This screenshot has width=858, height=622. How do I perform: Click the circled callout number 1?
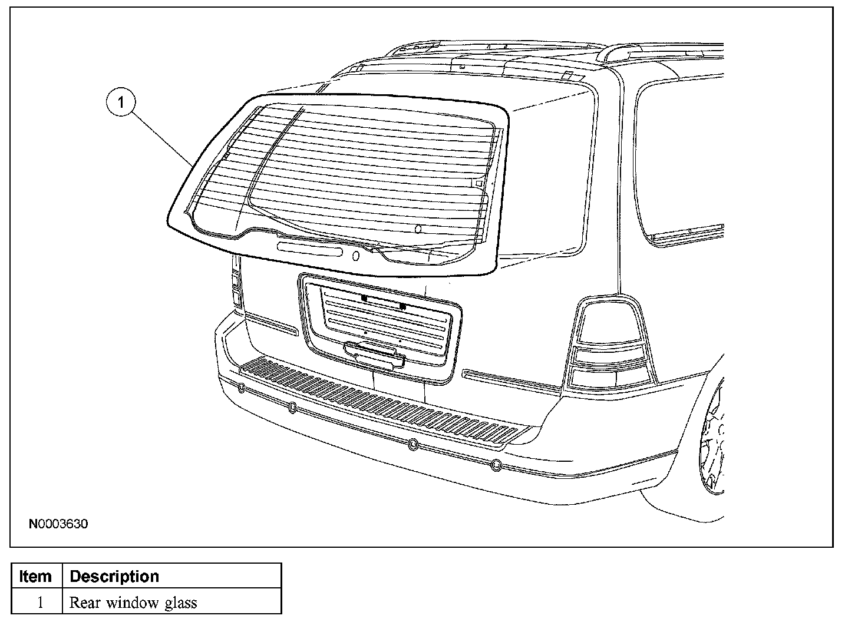tap(121, 102)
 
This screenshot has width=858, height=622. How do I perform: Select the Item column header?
tap(35, 576)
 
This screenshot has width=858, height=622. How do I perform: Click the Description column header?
tap(114, 576)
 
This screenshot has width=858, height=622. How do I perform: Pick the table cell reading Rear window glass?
tap(133, 603)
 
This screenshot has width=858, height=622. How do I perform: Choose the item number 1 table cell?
tap(40, 603)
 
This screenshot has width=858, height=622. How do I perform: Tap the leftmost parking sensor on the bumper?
tap(241, 388)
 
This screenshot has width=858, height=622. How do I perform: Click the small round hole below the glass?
tap(355, 256)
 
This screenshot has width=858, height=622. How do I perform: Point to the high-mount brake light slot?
tap(309, 251)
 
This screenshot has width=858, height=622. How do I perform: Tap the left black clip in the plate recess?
tap(364, 299)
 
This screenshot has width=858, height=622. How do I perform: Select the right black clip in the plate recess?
tap(402, 306)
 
